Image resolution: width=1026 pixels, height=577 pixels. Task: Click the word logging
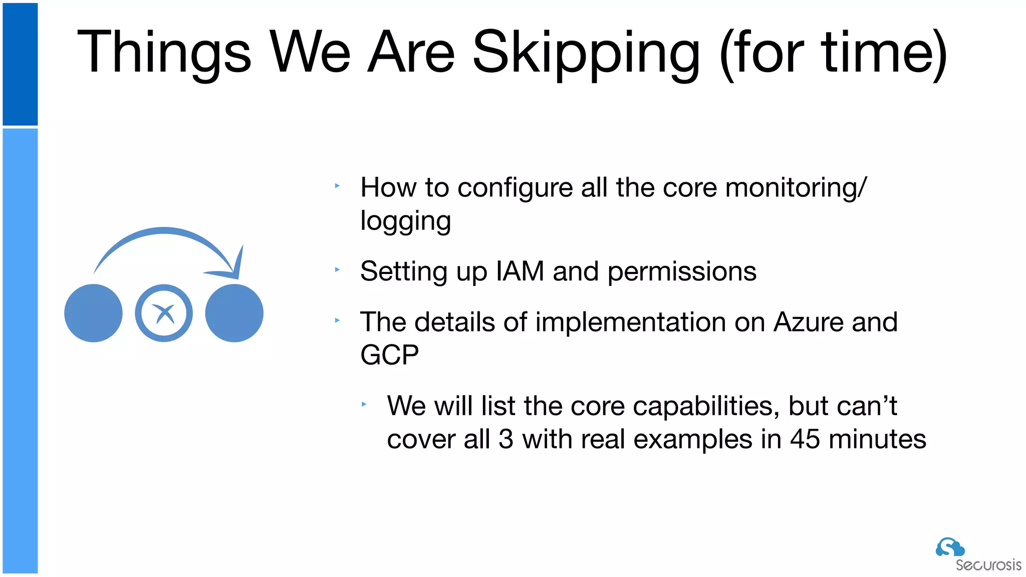pos(405,221)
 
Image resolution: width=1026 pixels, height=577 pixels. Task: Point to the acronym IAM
pos(520,271)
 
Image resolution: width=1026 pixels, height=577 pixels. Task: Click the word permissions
pos(681,271)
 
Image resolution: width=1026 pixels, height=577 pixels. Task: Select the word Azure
pos(808,322)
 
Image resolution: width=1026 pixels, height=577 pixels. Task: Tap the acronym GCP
pos(389,355)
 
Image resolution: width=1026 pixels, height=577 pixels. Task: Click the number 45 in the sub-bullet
pos(805,439)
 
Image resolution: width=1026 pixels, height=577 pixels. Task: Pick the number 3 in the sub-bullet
pos(506,439)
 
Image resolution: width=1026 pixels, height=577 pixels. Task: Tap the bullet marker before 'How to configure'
pos(337,186)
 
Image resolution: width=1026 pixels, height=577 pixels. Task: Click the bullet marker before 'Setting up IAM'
pos(337,269)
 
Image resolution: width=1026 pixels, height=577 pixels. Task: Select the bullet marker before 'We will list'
pos(364,404)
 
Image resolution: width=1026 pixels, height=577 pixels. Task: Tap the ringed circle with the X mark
pos(164,314)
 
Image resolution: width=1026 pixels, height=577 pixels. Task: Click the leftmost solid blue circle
pos(93,314)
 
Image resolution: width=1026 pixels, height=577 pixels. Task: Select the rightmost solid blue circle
pos(234,314)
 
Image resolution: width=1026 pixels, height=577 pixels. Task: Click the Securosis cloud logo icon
pos(949,547)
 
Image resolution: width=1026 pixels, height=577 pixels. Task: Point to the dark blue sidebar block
pos(20,64)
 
